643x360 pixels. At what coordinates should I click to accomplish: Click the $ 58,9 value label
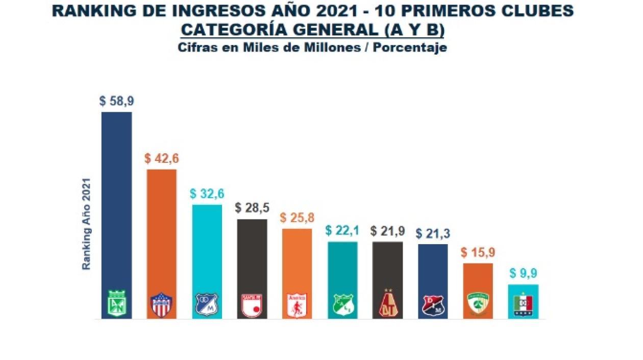point(116,101)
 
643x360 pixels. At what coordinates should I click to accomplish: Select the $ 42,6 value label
point(162,158)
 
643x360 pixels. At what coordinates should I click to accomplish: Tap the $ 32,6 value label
point(207,194)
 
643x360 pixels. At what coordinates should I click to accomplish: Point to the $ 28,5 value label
point(252,208)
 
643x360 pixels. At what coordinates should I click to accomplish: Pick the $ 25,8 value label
point(297,218)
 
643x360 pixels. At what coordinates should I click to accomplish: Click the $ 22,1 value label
point(342,231)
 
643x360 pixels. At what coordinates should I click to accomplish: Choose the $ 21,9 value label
point(387,231)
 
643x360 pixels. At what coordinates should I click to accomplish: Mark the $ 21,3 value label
point(433,233)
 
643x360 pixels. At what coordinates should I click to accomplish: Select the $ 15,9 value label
point(478,253)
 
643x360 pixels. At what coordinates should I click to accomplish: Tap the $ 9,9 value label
point(523,274)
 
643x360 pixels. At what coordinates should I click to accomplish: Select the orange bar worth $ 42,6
point(162,230)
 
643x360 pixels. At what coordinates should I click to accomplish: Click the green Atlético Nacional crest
point(117,304)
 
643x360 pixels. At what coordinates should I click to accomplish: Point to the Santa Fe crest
point(252,305)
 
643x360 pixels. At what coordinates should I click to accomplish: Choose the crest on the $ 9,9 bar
point(523,305)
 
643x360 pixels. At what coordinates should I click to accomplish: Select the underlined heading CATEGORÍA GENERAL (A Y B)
point(313,30)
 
